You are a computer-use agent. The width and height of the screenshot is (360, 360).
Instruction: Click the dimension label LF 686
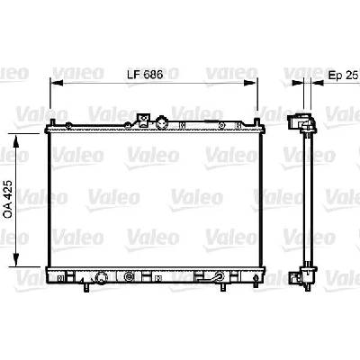145,75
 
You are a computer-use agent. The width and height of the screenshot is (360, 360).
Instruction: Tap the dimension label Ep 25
344,75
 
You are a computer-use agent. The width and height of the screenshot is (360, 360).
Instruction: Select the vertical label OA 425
8,199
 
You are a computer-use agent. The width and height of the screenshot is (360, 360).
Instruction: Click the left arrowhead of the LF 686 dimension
57,83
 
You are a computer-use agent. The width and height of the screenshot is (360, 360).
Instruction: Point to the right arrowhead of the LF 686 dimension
251,83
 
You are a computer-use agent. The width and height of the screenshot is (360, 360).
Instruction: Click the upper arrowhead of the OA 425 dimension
16,141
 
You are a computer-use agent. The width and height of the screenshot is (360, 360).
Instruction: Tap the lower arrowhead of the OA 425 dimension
16,259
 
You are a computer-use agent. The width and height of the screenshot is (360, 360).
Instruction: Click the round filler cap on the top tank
162,121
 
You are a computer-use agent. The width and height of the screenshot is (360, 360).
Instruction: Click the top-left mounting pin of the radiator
52,123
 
